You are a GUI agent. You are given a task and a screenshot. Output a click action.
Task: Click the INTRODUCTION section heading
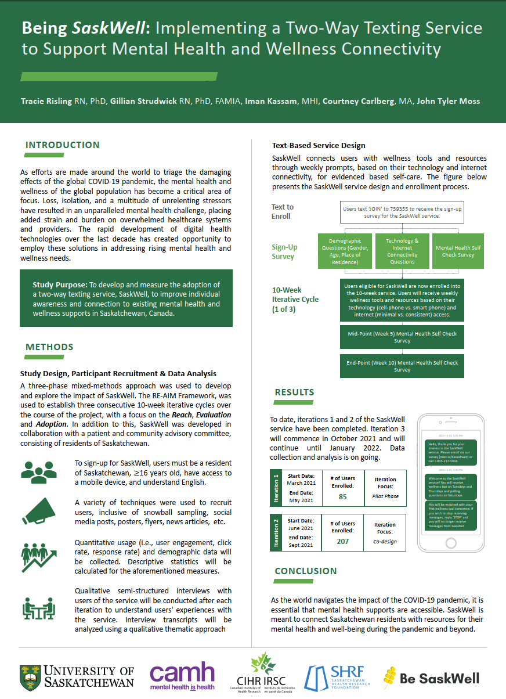[63, 145]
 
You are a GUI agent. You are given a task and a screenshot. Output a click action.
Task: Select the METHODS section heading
[49, 347]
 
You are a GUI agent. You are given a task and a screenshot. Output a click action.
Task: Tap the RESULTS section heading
[294, 392]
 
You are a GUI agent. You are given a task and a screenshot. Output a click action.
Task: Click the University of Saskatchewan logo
[77, 677]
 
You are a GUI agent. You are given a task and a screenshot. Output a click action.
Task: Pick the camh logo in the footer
[182, 676]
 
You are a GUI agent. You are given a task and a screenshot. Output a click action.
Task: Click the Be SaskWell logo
[432, 678]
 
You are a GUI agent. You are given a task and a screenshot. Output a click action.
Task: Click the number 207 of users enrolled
[343, 541]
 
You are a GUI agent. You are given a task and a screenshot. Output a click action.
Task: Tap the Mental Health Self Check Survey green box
[458, 251]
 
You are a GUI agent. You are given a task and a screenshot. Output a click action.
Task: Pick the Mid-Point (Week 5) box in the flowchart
[402, 337]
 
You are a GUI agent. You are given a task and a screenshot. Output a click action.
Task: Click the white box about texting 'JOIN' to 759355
[402, 212]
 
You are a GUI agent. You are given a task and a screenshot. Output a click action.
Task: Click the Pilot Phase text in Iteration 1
[385, 496]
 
